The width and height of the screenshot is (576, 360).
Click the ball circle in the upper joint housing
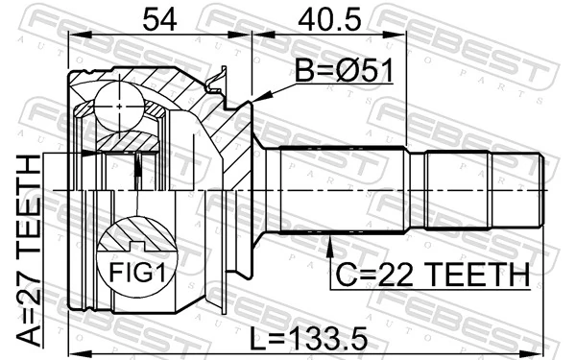pos(118,99)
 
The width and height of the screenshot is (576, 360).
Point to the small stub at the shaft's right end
pos(544,177)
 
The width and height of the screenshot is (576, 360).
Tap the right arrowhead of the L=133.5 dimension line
pos(544,338)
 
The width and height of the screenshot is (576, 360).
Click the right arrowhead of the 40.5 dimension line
pos(404,36)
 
